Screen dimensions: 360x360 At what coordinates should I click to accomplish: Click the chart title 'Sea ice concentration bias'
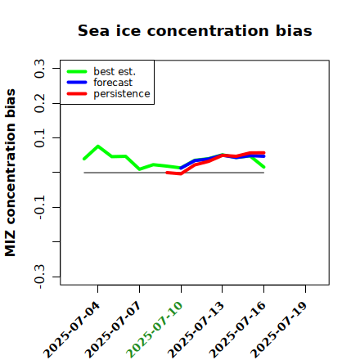[x=195, y=30]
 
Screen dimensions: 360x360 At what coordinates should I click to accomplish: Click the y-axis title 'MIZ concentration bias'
[x=10, y=173]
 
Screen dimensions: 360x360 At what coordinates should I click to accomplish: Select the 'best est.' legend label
[x=115, y=71]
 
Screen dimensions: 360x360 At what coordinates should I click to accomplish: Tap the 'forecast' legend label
[x=113, y=83]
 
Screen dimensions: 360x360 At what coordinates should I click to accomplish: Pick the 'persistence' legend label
[x=122, y=94]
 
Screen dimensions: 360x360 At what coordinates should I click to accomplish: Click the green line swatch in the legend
[x=77, y=71]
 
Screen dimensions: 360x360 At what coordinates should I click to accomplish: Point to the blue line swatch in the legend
[x=77, y=83]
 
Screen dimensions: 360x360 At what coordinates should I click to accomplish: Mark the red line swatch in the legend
[x=77, y=94]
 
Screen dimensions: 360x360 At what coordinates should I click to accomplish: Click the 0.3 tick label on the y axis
[x=39, y=68]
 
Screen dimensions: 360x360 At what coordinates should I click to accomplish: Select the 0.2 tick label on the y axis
[x=39, y=103]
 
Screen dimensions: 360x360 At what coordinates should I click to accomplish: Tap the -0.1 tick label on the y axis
[x=39, y=207]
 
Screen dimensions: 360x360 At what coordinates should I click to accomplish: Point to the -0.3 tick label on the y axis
[x=39, y=277]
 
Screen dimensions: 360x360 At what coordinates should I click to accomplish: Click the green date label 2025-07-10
[x=155, y=330]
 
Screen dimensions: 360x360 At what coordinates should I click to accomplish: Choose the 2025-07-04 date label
[x=71, y=330]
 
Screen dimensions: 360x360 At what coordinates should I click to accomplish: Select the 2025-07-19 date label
[x=279, y=330]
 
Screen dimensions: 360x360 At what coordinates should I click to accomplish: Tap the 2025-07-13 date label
[x=196, y=330]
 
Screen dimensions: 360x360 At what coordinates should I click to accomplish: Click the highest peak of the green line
[x=98, y=146]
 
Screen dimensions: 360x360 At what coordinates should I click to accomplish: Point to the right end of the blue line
[x=263, y=156]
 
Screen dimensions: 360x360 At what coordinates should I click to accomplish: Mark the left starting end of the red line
[x=167, y=173]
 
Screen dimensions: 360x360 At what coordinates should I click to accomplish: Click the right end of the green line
[x=263, y=167]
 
